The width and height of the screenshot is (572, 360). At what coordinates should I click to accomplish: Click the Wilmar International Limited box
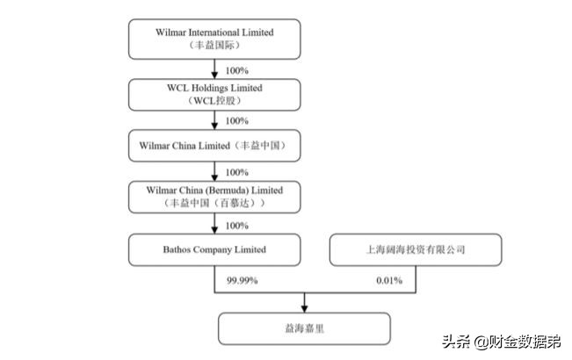click(215, 38)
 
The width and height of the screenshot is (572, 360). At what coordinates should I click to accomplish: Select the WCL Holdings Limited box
click(215, 94)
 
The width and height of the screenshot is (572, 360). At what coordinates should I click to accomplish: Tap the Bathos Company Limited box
click(215, 250)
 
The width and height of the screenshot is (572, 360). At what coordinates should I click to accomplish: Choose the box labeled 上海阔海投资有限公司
click(416, 250)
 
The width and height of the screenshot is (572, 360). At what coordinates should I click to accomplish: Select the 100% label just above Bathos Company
click(236, 225)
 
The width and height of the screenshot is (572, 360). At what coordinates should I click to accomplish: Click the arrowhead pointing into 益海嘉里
click(304, 307)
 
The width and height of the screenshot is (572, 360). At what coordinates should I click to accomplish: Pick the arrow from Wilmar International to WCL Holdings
click(215, 68)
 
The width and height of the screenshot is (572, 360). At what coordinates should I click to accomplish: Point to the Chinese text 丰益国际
click(215, 44)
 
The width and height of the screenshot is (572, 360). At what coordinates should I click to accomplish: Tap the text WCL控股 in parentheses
click(215, 101)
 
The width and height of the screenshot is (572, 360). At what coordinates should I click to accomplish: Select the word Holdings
click(215, 88)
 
